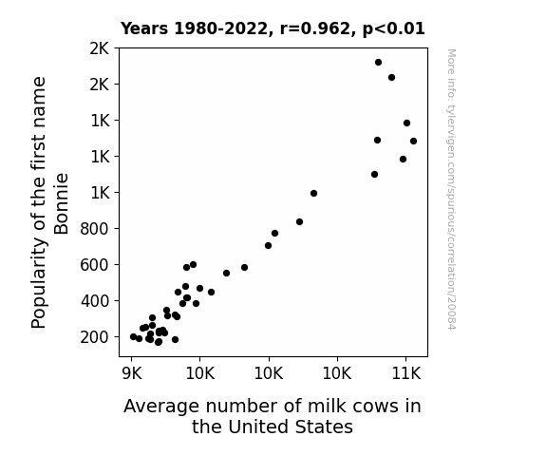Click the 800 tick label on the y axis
[94, 229]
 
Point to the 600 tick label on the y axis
[94, 265]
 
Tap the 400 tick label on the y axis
[95, 301]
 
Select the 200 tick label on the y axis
[94, 337]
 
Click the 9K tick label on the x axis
[132, 373]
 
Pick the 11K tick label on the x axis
[406, 373]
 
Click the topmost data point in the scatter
[378, 63]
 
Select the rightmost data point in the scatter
[413, 142]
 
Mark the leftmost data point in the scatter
[133, 336]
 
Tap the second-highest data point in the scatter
[391, 77]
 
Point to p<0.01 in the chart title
[394, 29]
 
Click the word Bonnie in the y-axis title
[62, 204]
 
